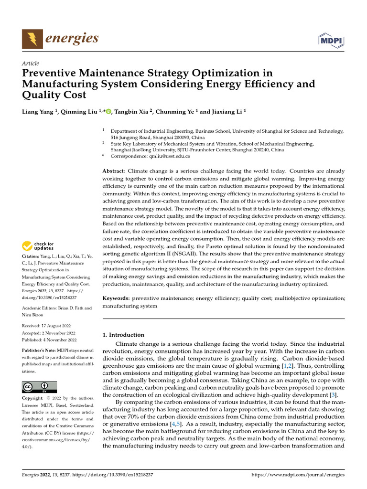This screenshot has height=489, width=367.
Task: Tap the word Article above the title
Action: click(x=31, y=64)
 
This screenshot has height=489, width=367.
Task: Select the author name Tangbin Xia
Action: click(x=132, y=112)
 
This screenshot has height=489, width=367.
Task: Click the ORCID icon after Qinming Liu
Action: click(x=108, y=112)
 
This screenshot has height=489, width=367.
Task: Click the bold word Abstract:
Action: click(x=114, y=171)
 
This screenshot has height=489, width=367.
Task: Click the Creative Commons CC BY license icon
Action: click(x=39, y=386)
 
